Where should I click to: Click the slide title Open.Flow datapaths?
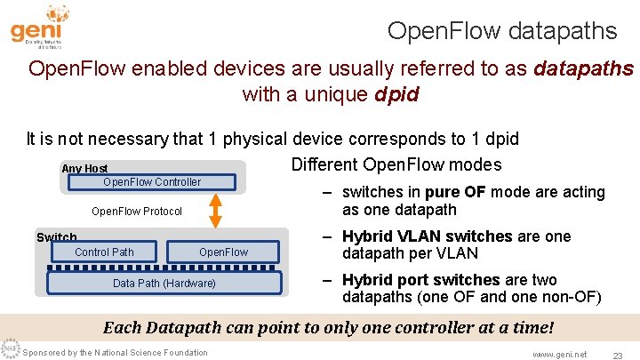[501, 31]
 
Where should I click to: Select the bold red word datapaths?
[583, 68]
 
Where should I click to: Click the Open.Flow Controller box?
[152, 182]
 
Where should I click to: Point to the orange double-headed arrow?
[215, 211]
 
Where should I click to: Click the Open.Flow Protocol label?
[137, 212]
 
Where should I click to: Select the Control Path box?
[104, 252]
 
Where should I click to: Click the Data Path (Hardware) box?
[164, 284]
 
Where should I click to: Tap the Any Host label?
[84, 169]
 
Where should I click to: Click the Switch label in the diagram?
[56, 237]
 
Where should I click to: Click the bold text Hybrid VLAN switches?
[427, 236]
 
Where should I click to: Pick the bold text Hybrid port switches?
[421, 279]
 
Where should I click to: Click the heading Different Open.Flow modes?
[396, 164]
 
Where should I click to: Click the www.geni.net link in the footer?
[559, 354]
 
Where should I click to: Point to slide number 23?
[616, 354]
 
